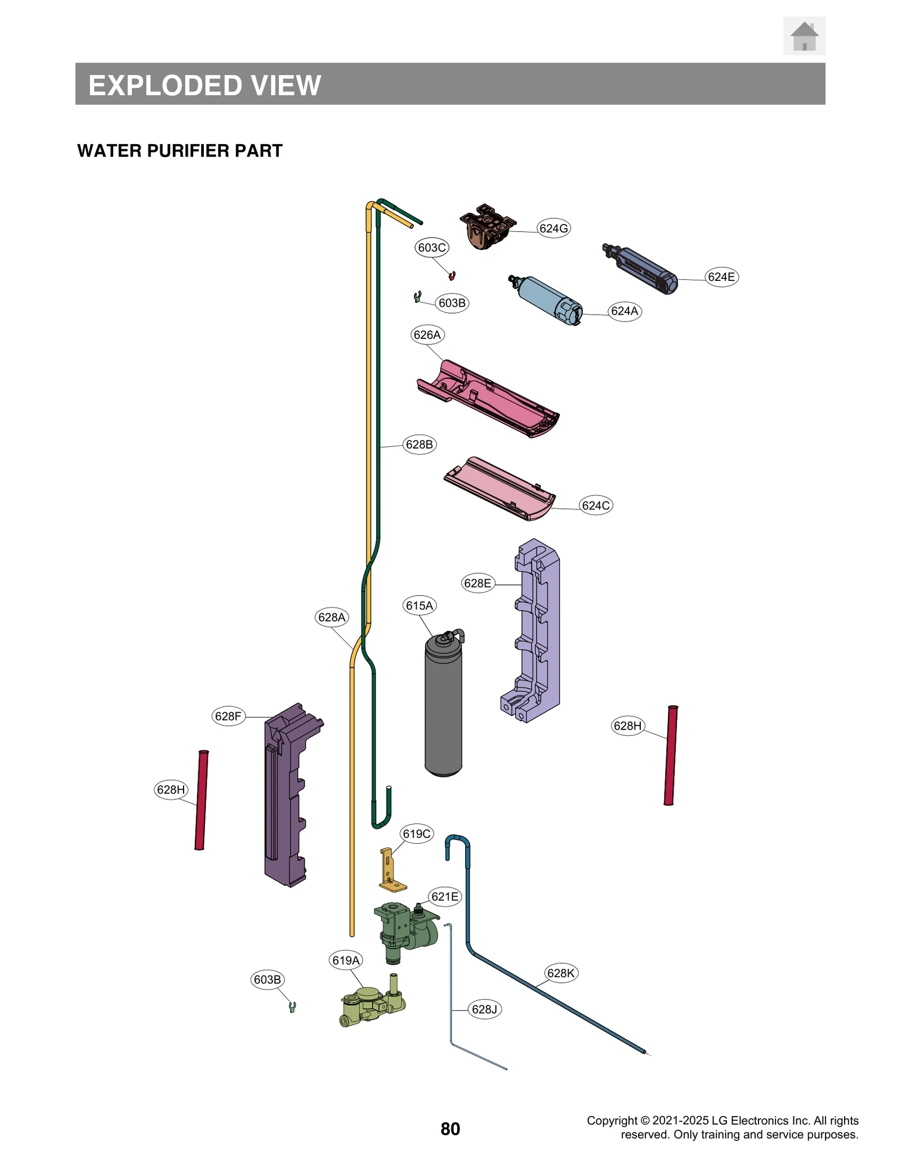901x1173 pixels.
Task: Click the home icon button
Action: [x=804, y=36]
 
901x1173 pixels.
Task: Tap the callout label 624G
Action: [x=553, y=228]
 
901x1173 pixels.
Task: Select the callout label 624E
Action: [x=721, y=277]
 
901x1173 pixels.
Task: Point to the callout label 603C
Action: [x=432, y=248]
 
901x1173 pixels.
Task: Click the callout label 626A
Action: [x=427, y=335]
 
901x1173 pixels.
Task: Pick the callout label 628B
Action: [x=420, y=445]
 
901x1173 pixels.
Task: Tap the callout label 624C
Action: [x=596, y=505]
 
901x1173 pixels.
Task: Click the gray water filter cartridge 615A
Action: [x=443, y=709]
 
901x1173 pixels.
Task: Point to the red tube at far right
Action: [x=670, y=755]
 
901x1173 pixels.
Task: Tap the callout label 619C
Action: [x=417, y=834]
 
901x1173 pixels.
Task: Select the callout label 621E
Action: [x=445, y=897]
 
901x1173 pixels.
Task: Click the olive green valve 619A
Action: [x=372, y=1005]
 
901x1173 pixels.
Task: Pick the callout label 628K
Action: [x=561, y=973]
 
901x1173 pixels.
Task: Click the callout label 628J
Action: [x=484, y=1009]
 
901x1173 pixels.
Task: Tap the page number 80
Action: [x=450, y=1129]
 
